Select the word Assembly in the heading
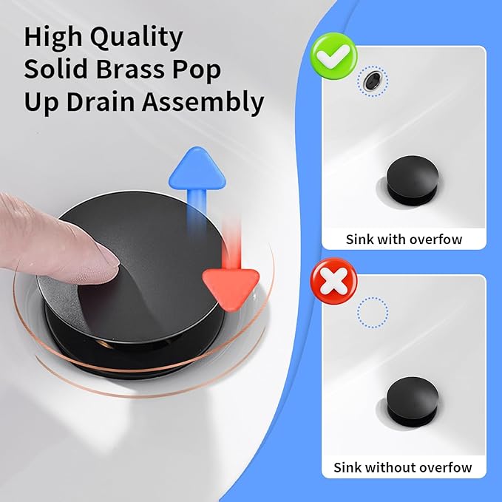203,103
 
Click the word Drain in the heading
101,102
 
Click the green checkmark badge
333,56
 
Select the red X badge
333,281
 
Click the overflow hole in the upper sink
373,81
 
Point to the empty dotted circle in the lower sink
373,313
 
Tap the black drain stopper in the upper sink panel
413,180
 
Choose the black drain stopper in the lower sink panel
413,401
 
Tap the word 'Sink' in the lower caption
347,467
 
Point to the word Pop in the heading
197,71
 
